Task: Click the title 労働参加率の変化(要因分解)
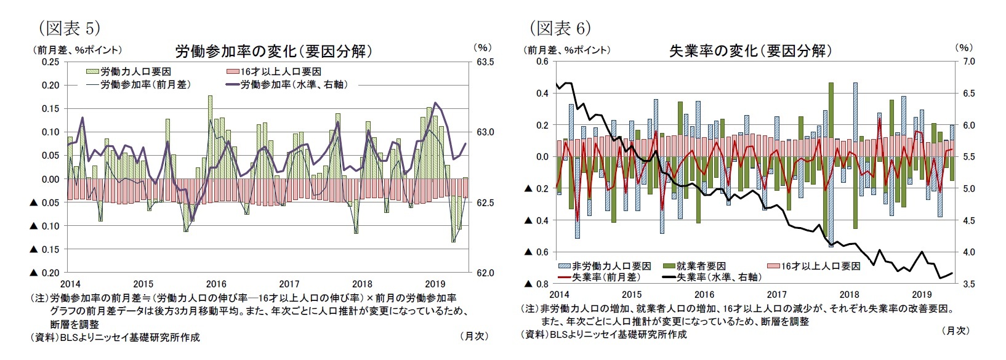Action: coord(274,50)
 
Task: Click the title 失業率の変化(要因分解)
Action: coord(750,50)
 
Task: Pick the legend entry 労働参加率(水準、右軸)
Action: coord(293,84)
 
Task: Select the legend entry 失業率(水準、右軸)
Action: coord(718,278)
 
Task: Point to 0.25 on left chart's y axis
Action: coord(50,62)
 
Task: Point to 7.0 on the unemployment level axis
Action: coord(968,62)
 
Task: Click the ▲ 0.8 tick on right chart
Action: coord(536,284)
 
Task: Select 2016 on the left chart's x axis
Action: coord(216,284)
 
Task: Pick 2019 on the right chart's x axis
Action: coord(921,295)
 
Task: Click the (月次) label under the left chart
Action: coord(474,336)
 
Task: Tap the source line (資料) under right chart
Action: coord(603,334)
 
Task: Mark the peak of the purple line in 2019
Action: coord(436,103)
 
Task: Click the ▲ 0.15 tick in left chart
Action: coord(44,249)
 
